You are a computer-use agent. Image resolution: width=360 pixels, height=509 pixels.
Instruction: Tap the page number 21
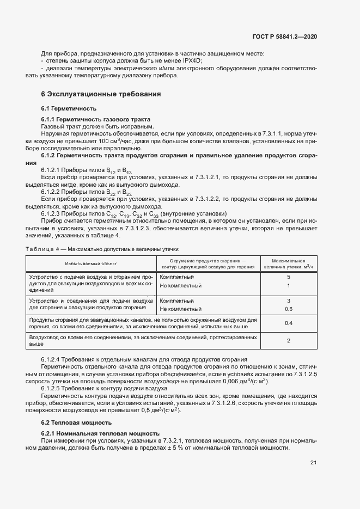click(x=313, y=463)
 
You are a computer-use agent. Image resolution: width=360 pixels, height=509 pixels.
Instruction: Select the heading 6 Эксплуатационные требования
click(x=101, y=94)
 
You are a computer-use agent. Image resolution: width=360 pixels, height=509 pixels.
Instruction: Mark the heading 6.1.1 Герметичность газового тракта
click(x=95, y=119)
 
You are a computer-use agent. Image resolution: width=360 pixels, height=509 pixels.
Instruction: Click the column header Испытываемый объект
click(x=91, y=263)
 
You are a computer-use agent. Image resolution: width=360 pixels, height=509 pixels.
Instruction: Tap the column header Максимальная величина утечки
click(x=288, y=263)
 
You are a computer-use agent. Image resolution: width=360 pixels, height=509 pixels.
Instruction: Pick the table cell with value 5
click(x=288, y=277)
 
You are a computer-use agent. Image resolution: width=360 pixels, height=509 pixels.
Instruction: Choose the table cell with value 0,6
click(x=288, y=309)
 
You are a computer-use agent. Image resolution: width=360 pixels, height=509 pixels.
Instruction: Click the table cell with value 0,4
click(x=288, y=323)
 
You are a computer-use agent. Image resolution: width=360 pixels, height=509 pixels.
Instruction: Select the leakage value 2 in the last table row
click(x=288, y=341)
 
